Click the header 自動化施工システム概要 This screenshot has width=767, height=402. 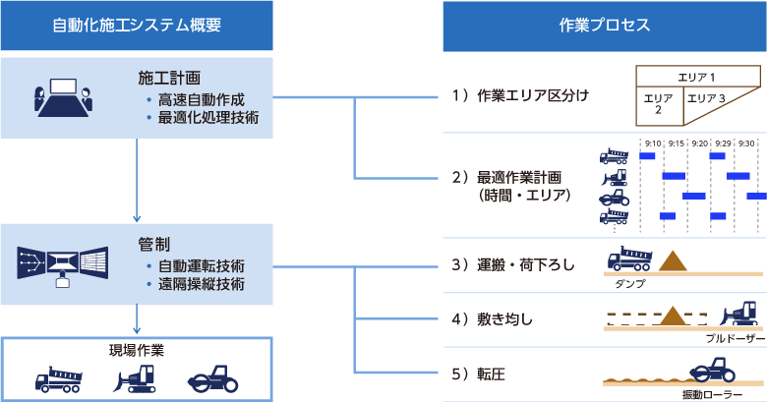tap(137, 25)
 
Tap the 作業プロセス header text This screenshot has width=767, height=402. tap(605, 25)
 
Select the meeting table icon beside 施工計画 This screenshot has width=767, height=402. tap(63, 97)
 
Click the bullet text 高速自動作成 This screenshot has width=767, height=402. tap(201, 100)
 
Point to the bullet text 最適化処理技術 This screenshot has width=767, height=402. tap(208, 118)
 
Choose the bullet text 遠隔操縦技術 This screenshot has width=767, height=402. tap(201, 284)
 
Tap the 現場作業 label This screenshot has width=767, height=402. tap(137, 350)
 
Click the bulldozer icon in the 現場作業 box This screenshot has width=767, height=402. tap(135, 379)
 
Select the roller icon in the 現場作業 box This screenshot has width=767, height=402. tap(212, 379)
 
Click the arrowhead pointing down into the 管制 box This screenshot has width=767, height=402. tap(137, 218)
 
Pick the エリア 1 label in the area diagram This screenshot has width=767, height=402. tap(696, 78)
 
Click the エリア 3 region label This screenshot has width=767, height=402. tap(706, 98)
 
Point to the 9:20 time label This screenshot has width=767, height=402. tap(700, 144)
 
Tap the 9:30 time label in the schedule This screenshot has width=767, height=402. tap(746, 144)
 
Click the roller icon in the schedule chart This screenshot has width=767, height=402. tap(615, 198)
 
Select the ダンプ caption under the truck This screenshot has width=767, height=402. tap(630, 284)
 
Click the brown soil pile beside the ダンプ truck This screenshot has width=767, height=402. tap(673, 261)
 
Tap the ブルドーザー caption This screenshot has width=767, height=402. tap(736, 338)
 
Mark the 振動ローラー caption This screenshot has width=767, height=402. tap(712, 395)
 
